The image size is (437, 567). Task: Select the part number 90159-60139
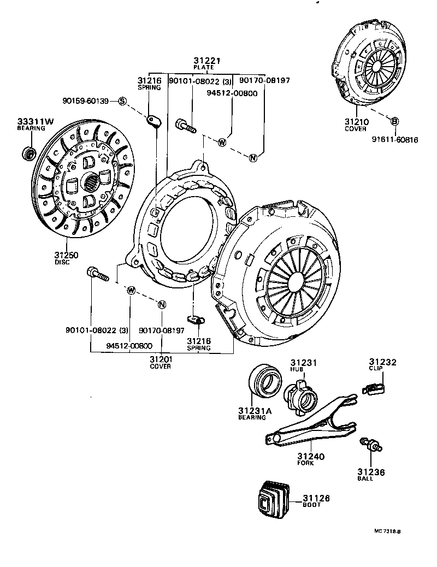[x=86, y=101]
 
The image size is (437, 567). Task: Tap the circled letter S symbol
[x=122, y=101]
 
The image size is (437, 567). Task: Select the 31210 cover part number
[x=356, y=122]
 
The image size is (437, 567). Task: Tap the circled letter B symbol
[x=394, y=121]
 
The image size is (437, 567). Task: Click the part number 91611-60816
[x=396, y=140]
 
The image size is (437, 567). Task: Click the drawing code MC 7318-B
[x=391, y=530]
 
